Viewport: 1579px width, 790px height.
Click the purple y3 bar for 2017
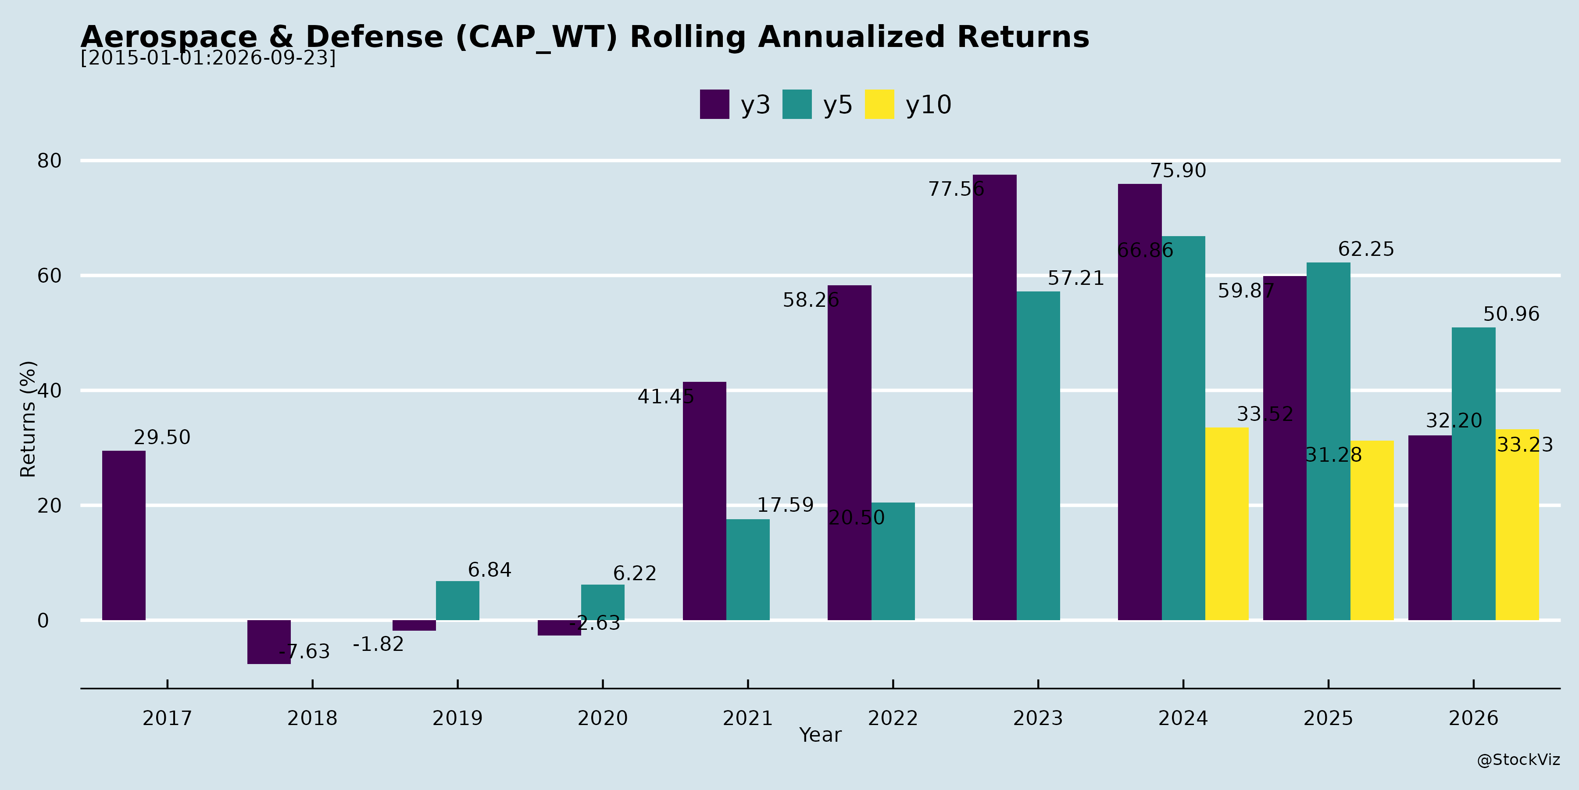tap(124, 535)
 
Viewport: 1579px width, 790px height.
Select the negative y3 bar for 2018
tap(269, 642)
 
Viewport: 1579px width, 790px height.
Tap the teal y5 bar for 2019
tap(457, 600)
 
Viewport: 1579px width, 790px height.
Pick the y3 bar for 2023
tap(994, 398)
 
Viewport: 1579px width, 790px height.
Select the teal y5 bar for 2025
tap(1328, 442)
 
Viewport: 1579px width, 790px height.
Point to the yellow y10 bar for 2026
tap(1517, 524)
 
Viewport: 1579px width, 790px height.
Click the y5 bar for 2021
tap(748, 570)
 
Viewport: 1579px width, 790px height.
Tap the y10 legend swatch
tap(879, 104)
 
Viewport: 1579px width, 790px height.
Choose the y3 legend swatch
tap(715, 104)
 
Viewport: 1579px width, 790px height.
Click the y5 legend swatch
tap(797, 104)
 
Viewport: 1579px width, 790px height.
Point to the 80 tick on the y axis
tap(50, 161)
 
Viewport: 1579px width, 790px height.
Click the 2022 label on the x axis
tap(893, 718)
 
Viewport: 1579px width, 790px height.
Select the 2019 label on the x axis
tap(457, 718)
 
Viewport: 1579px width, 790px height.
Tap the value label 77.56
tap(956, 189)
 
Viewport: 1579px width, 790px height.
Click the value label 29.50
tap(162, 437)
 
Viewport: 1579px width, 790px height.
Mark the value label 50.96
tap(1511, 314)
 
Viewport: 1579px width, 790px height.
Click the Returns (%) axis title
tap(28, 419)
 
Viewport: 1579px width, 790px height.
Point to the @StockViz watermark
tap(1518, 760)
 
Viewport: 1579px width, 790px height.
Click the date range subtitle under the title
tap(208, 57)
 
